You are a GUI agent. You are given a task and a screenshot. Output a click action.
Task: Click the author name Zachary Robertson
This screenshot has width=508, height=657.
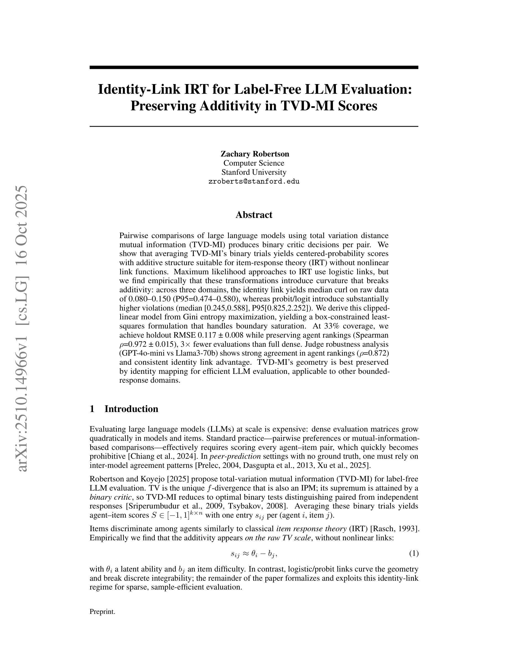[255, 154]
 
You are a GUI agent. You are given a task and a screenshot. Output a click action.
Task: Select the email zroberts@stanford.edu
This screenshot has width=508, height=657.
[254, 181]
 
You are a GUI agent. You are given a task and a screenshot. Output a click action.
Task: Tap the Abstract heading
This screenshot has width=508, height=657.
[254, 215]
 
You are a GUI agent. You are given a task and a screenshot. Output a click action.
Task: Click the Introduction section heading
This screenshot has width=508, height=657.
[131, 409]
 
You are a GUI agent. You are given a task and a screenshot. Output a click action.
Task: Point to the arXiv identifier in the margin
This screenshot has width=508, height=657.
[23, 328]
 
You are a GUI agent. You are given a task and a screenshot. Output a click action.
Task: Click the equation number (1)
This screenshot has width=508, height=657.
[413, 553]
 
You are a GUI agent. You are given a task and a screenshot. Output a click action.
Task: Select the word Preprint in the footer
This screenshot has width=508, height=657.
[102, 612]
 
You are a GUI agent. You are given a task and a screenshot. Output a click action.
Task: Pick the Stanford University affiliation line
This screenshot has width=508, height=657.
[254, 172]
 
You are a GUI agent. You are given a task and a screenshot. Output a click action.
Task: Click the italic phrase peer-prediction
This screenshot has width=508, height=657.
[235, 456]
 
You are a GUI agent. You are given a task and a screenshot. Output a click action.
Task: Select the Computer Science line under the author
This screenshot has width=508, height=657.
[254, 163]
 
